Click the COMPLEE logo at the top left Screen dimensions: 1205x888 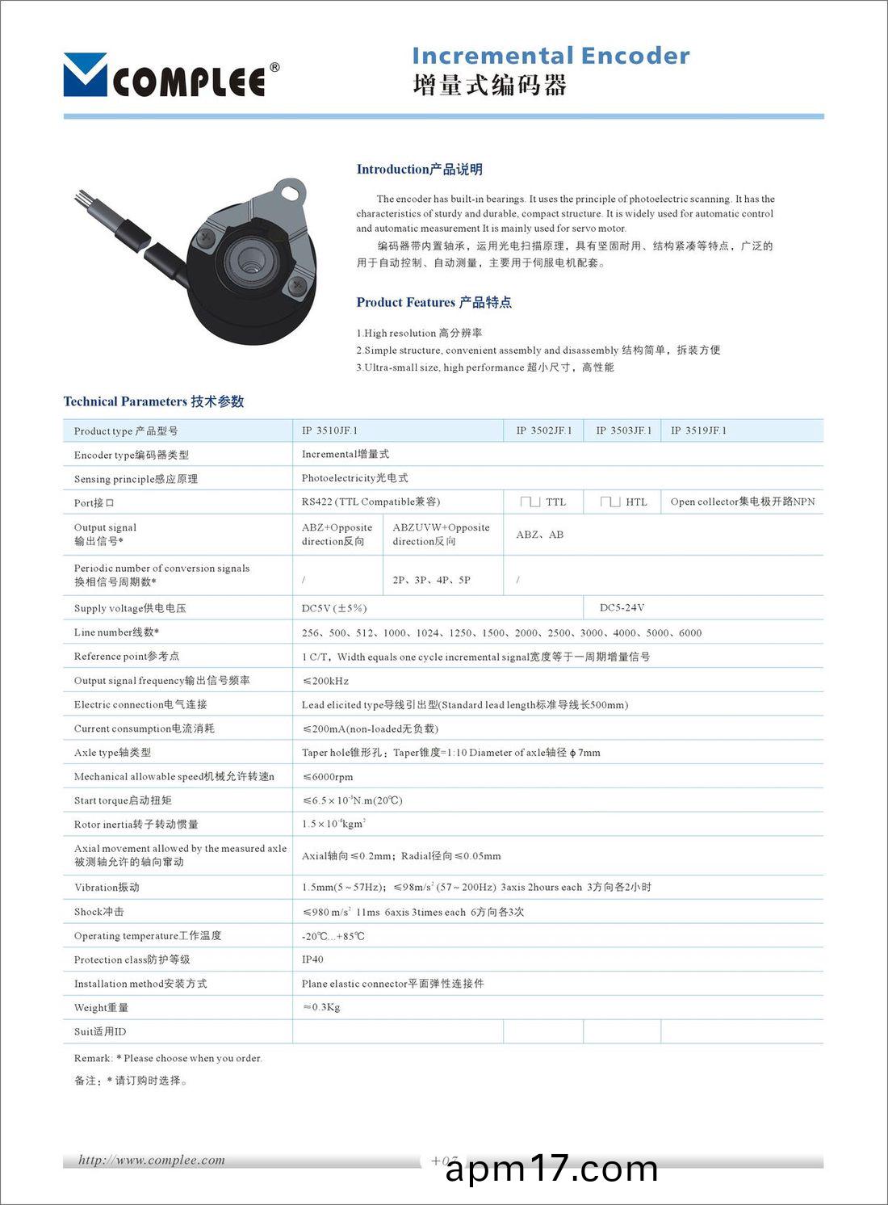point(171,76)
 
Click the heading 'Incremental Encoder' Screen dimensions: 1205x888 point(551,56)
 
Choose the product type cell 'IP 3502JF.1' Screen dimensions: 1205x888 point(543,430)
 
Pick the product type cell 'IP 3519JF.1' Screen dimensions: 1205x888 point(698,430)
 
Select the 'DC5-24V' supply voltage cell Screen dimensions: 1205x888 point(622,607)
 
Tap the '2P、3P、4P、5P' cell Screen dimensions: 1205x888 point(431,580)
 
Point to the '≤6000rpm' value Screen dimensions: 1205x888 point(328,777)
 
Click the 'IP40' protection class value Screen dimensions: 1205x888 point(312,959)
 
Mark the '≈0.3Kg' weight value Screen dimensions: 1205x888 point(321,1007)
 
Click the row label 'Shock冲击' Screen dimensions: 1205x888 point(99,912)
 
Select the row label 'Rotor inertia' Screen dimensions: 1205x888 point(136,825)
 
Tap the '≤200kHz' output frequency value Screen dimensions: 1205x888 point(325,681)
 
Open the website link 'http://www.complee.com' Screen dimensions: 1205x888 point(152,1161)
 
